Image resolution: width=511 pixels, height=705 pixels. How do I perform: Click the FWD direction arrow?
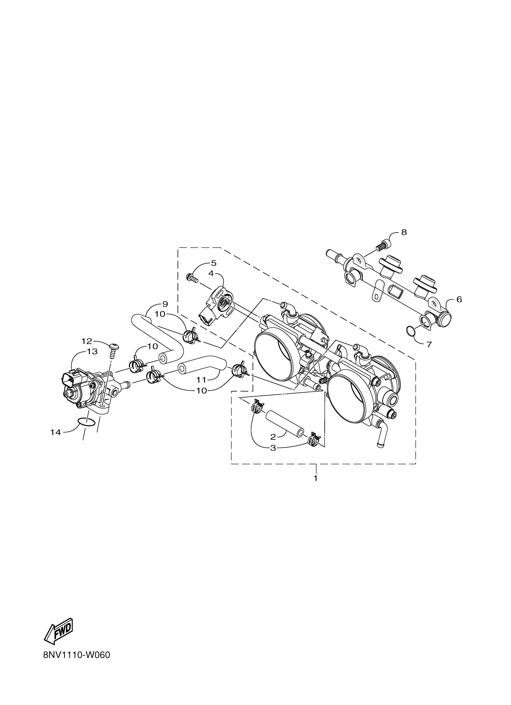pos(59,627)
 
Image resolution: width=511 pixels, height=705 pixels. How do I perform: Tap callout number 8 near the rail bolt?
pos(404,232)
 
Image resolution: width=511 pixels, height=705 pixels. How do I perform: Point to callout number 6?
pos(459,299)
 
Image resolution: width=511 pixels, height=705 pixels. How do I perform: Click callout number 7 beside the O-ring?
pos(429,345)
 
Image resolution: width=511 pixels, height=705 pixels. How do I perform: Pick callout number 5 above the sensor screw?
pos(213,263)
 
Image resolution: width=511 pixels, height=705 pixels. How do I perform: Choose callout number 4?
pos(211,274)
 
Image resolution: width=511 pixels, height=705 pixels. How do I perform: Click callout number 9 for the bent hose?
pos(165,304)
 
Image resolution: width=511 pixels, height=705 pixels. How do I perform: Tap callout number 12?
pos(87,341)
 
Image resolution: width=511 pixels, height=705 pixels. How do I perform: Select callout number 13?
pos(92,351)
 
